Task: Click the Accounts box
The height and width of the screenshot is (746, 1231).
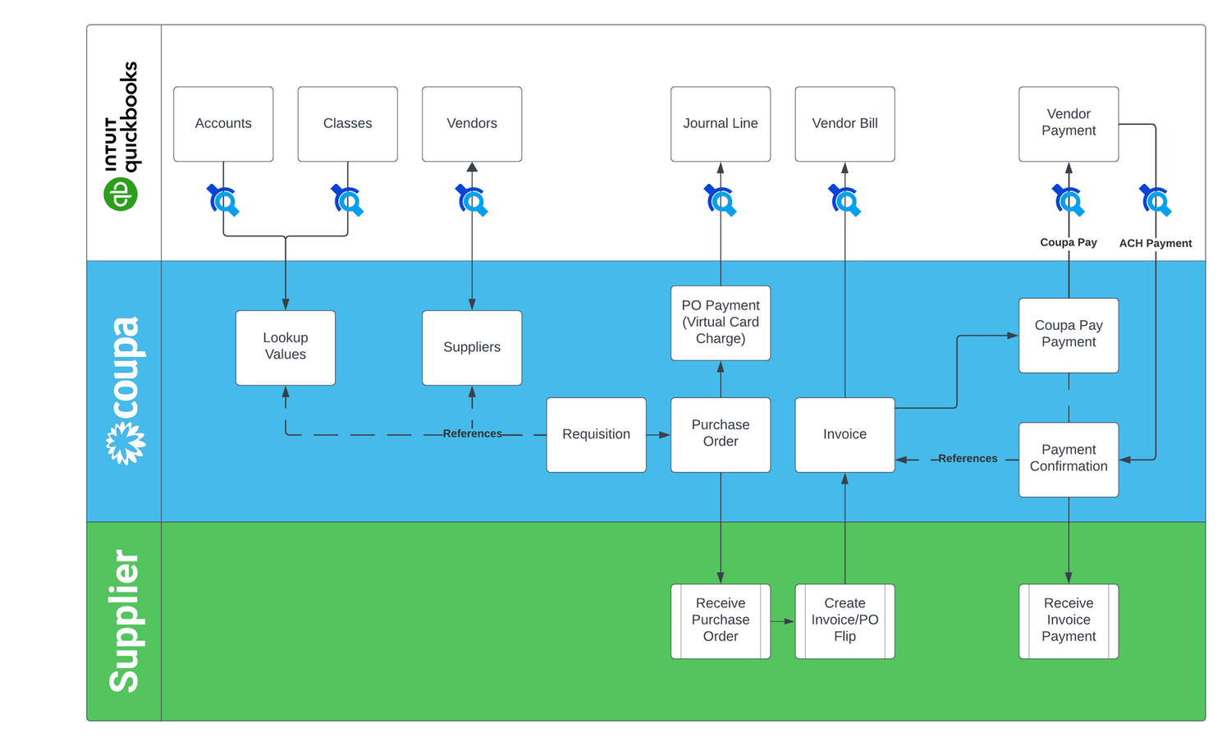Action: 223,124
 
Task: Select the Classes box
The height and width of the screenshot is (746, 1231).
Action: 347,124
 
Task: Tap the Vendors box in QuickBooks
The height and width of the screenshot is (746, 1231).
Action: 472,124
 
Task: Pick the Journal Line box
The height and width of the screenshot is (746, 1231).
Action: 721,124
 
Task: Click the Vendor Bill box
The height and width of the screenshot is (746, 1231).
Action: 844,124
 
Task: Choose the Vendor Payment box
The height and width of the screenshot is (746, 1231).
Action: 1069,124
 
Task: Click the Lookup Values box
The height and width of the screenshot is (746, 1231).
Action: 286,347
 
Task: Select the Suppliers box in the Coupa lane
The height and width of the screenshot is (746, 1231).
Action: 472,347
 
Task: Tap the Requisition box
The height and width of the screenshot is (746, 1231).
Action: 596,434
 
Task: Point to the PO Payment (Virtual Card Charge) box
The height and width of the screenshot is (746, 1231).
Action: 721,323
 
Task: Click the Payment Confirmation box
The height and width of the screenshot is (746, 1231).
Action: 1069,459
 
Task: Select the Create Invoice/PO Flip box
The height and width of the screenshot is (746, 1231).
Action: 844,620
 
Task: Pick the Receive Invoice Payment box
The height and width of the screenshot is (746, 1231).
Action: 1069,620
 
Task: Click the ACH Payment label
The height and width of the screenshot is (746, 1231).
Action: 1155,244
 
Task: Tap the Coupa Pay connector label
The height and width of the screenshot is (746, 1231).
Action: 1068,243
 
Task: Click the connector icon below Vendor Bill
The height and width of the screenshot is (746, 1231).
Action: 844,200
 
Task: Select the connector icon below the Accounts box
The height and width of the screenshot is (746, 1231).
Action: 223,200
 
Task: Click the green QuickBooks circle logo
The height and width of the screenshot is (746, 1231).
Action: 121,195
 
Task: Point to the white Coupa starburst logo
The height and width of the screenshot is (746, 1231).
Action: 126,443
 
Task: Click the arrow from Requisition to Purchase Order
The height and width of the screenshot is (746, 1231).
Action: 658,435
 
